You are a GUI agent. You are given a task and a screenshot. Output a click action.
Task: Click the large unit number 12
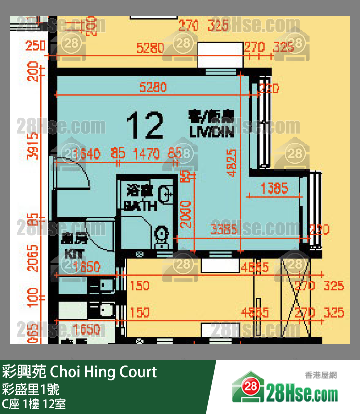click(x=144, y=125)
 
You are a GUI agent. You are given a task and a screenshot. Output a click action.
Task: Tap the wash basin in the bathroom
click(x=167, y=193)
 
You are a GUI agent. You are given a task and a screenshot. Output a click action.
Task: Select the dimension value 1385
click(x=274, y=188)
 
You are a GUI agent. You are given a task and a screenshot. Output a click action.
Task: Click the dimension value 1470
click(x=146, y=154)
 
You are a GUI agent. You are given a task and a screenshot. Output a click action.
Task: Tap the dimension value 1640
click(x=83, y=154)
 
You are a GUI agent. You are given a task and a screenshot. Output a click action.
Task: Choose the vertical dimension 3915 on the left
click(x=33, y=145)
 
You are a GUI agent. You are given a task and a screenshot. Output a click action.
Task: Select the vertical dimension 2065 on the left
click(x=33, y=259)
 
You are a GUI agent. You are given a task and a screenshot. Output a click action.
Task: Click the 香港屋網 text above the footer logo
click(x=321, y=376)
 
